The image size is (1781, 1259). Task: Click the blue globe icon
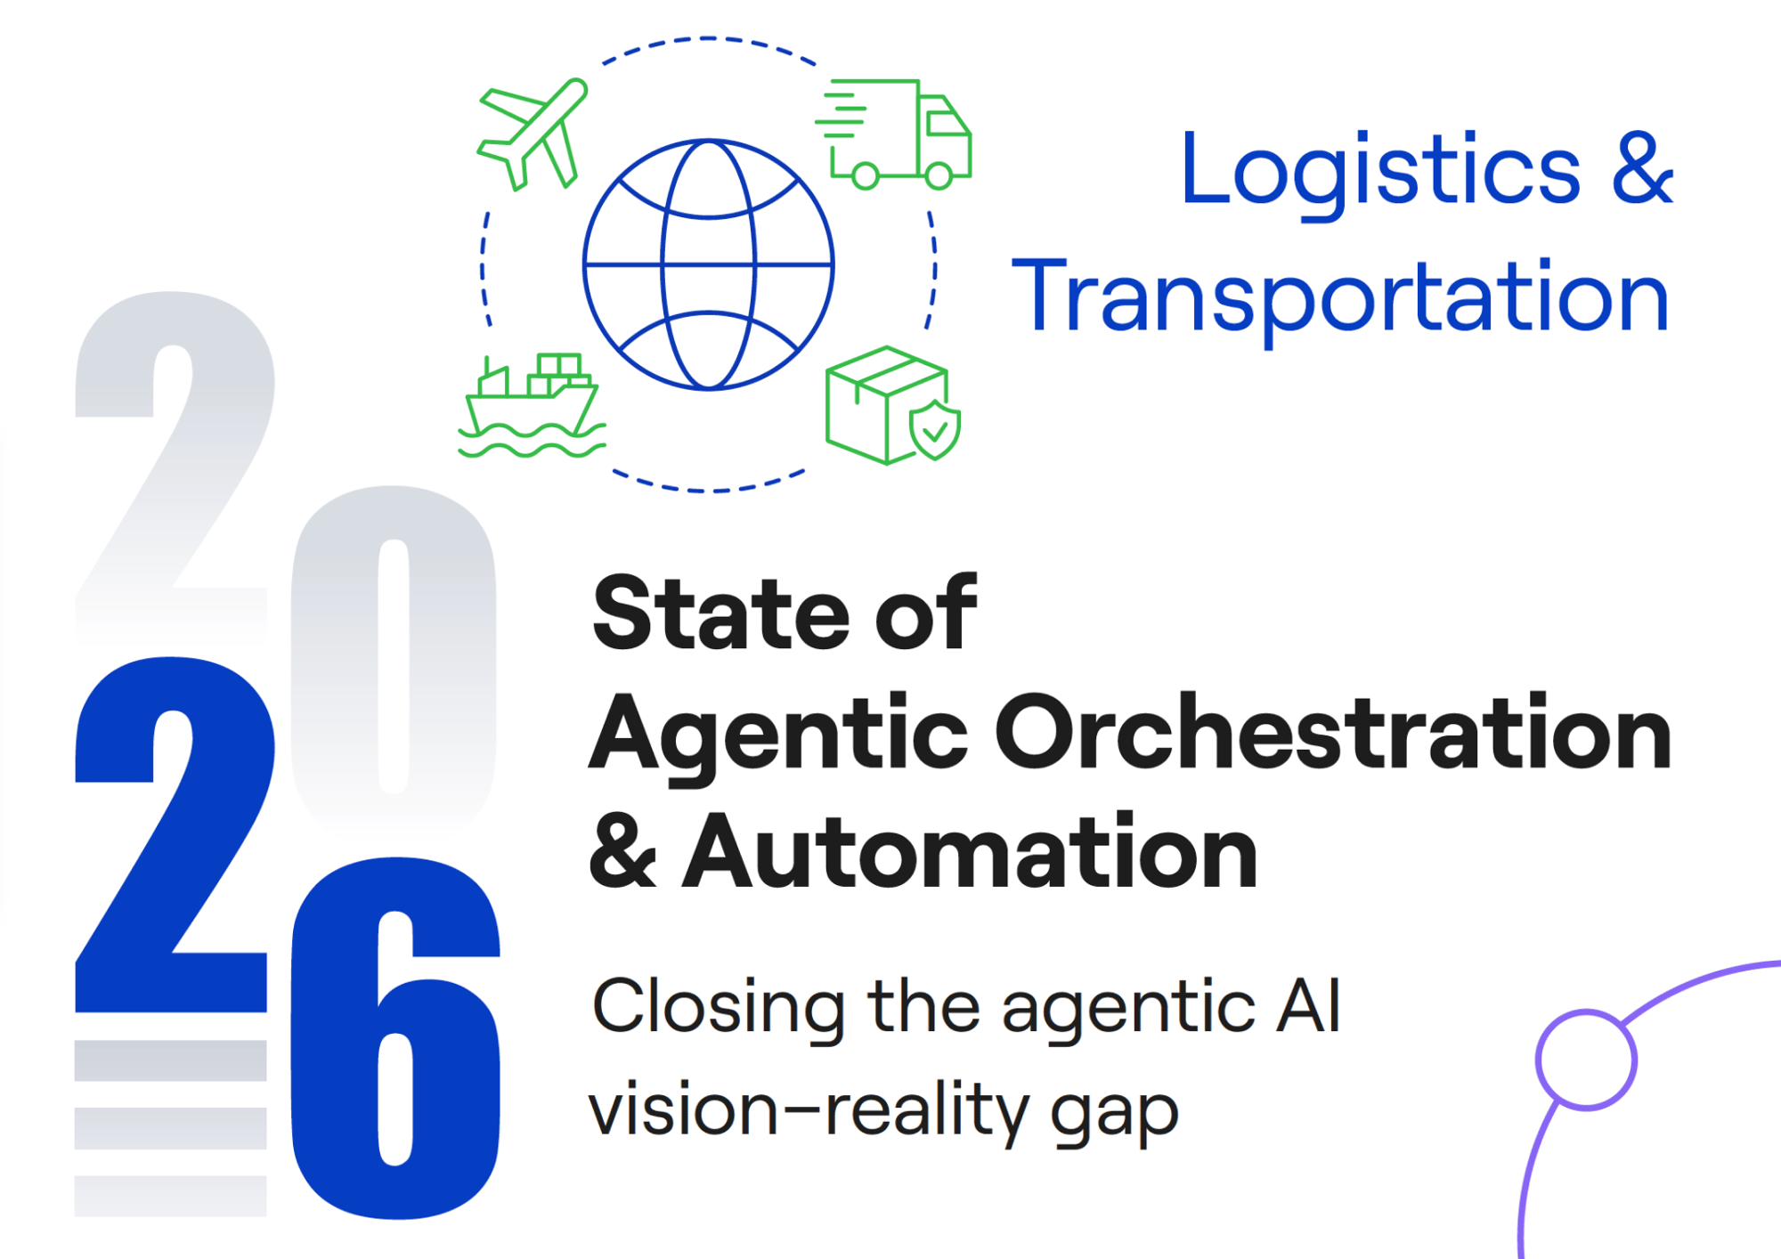(708, 264)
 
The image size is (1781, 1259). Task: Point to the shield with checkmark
(934, 430)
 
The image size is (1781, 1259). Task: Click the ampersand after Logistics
(1641, 169)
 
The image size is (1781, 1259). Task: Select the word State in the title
(721, 614)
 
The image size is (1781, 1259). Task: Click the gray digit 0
(393, 659)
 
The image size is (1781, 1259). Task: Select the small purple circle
(1586, 1060)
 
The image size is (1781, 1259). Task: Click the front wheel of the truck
(938, 175)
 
